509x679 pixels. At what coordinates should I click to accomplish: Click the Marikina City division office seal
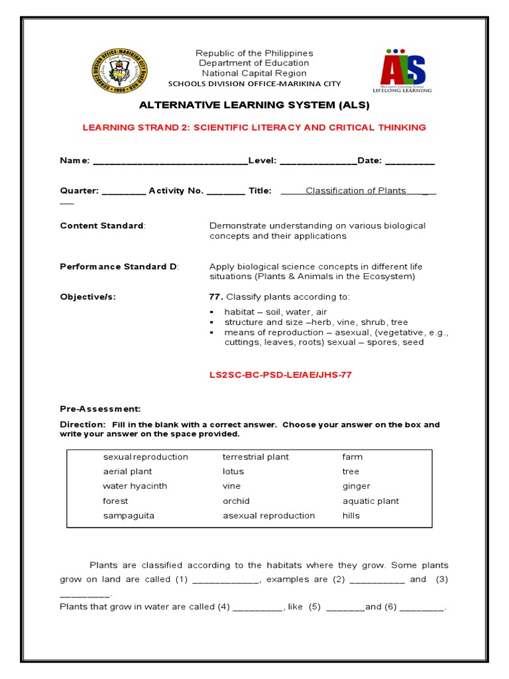click(121, 71)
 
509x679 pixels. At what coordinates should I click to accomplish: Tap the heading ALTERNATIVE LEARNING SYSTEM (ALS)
click(254, 105)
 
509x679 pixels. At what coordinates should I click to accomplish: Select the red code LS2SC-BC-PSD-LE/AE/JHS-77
click(280, 375)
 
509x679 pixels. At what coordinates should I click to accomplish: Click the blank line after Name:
click(170, 162)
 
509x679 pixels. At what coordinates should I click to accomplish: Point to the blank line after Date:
click(410, 162)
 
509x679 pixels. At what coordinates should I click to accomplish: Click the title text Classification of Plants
click(355, 191)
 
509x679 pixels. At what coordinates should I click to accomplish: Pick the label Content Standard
click(102, 225)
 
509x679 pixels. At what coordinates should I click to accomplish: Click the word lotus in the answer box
click(233, 471)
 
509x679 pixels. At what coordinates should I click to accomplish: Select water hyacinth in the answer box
click(135, 486)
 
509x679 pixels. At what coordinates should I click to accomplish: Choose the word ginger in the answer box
click(356, 486)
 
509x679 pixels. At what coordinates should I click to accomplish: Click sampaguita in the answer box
click(129, 515)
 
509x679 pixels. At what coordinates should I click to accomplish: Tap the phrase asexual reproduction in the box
click(268, 515)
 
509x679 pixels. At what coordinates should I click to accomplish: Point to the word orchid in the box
click(236, 501)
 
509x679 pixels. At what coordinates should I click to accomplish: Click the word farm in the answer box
click(353, 457)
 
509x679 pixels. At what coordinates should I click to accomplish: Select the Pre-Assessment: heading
click(100, 409)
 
